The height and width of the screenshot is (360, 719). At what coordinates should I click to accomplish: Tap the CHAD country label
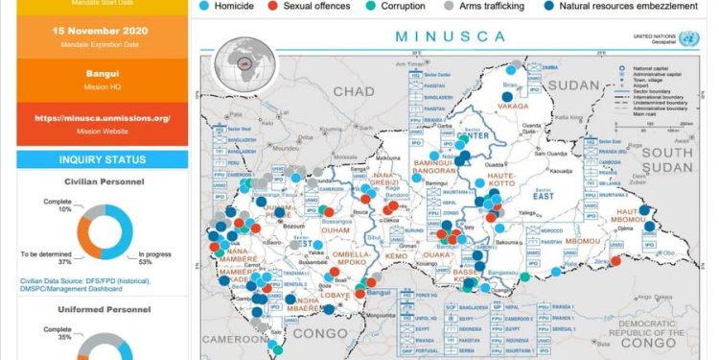(x=353, y=91)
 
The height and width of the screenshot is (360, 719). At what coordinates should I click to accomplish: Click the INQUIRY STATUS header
(x=102, y=159)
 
